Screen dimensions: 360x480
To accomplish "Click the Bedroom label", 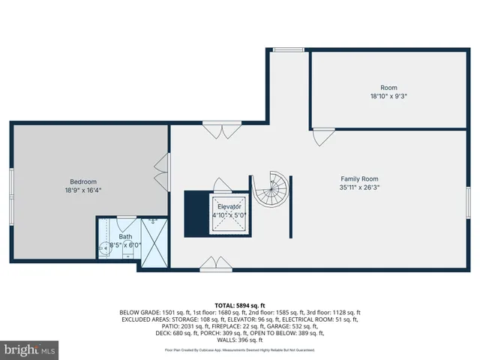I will point(84,181).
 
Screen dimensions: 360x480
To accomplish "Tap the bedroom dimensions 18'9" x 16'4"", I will point(84,190).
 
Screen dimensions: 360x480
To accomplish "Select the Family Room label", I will point(359,178).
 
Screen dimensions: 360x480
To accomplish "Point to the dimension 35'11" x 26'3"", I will point(359,187).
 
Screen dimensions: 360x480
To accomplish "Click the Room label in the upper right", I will point(388,88).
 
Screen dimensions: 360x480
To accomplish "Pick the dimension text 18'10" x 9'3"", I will point(388,96).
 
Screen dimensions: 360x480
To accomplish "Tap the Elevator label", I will point(229,206).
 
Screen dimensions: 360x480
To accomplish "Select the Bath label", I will point(125,237).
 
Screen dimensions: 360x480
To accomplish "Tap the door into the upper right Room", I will point(323,138).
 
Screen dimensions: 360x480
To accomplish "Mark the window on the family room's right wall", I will point(468,201).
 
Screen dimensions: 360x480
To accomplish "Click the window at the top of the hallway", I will point(283,50).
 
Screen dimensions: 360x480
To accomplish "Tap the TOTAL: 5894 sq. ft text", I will point(240,304).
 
